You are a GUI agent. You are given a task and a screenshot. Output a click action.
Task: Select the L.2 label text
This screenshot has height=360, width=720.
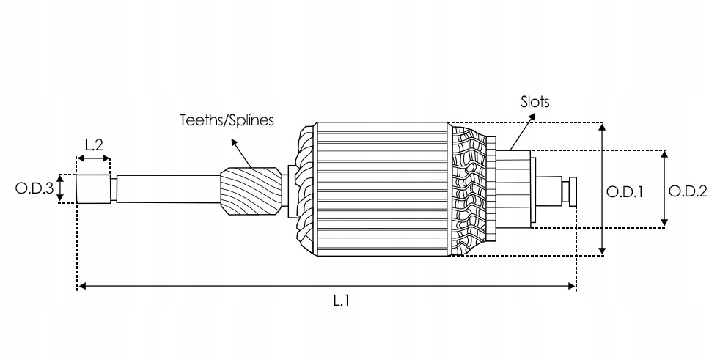coord(93,144)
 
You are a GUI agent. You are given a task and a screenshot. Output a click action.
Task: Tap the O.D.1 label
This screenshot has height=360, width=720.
coord(625,192)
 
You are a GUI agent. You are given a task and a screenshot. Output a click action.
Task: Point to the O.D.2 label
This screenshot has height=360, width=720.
coord(688,192)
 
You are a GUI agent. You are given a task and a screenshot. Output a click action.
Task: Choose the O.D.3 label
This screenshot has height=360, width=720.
coord(34,189)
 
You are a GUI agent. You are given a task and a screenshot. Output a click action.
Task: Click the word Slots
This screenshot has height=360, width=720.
coord(535,103)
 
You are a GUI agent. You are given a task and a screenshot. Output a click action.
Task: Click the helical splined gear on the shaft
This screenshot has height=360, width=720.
coord(251,193)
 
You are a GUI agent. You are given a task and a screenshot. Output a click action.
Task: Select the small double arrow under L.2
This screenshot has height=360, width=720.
coord(93,158)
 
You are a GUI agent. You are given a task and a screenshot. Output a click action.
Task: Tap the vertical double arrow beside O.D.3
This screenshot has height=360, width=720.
coord(62,188)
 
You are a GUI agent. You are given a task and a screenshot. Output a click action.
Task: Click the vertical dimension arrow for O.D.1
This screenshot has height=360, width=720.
coord(603,189)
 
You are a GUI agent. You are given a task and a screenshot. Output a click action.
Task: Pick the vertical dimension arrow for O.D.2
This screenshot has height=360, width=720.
coord(665,189)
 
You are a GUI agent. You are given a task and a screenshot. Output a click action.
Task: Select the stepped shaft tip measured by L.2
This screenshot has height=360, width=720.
coord(93,188)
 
